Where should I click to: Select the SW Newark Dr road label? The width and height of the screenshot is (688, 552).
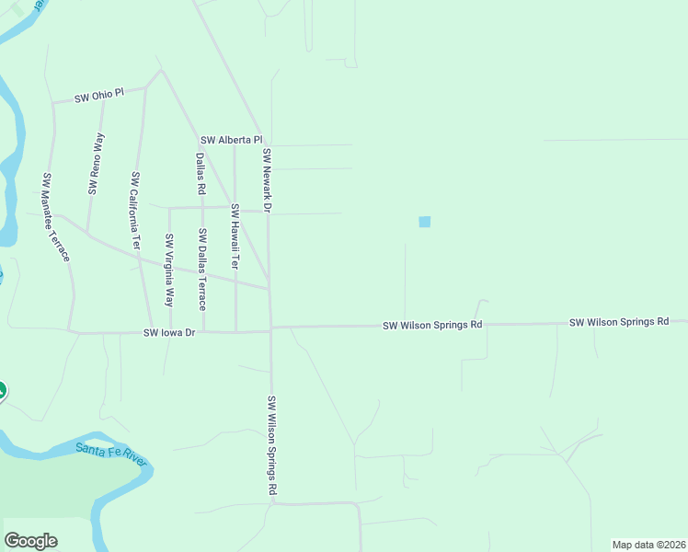pyautogui.click(x=267, y=180)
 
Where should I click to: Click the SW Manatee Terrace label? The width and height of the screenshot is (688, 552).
pyautogui.click(x=56, y=216)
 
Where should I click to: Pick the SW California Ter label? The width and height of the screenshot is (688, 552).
pyautogui.click(x=135, y=212)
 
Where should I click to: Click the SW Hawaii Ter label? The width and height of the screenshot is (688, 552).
pyautogui.click(x=235, y=236)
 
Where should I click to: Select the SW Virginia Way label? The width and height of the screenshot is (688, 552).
pyautogui.click(x=169, y=270)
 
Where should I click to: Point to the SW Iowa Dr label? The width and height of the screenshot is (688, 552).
pyautogui.click(x=170, y=332)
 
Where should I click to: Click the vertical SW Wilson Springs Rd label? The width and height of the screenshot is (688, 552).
pyautogui.click(x=272, y=446)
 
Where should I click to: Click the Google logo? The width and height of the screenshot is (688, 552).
pyautogui.click(x=31, y=541)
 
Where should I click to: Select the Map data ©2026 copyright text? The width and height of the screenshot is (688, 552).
pyautogui.click(x=649, y=545)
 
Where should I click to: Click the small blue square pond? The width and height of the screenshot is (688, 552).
pyautogui.click(x=424, y=222)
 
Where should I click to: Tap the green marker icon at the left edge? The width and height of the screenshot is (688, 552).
pyautogui.click(x=2, y=392)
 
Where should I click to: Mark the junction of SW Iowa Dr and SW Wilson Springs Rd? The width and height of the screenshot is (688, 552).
pyautogui.click(x=270, y=329)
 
